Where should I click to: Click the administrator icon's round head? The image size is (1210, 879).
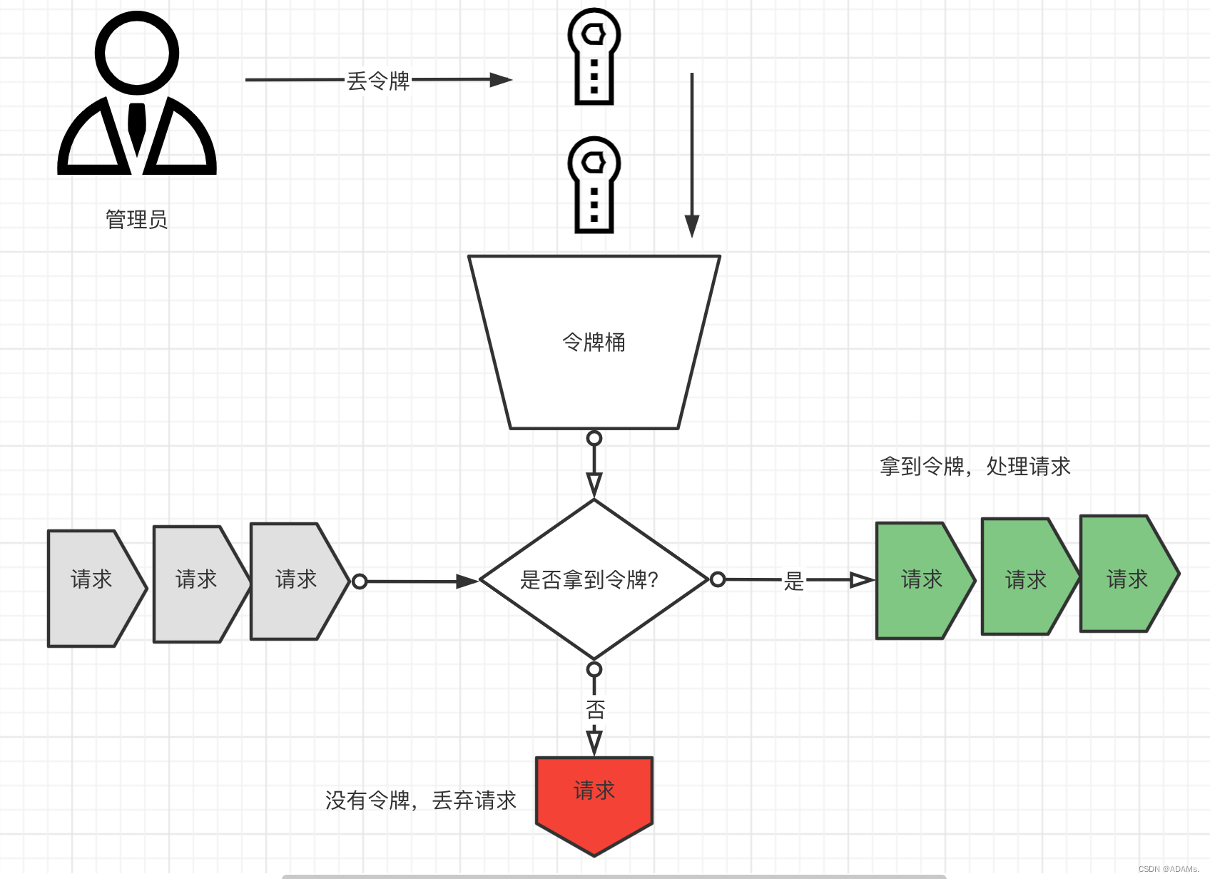point(137,54)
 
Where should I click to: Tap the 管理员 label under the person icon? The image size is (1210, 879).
point(136,219)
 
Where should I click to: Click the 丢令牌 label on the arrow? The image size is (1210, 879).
point(378,81)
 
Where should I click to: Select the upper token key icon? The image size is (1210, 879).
point(594,56)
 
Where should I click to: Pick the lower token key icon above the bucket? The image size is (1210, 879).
point(594,185)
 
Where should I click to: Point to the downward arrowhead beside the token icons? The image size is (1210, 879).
point(691,225)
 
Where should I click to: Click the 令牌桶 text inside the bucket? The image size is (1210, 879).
point(594,342)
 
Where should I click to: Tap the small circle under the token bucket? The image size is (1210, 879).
point(594,438)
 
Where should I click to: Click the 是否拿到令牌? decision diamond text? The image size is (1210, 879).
point(589,580)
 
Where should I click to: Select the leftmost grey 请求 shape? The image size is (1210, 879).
point(92,588)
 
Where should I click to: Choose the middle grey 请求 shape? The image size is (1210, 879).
point(196,584)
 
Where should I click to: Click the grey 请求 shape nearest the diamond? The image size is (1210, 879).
point(295,581)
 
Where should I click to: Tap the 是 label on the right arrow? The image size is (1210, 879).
point(793,581)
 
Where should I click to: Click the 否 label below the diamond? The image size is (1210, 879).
point(595,710)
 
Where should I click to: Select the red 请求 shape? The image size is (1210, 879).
point(594,799)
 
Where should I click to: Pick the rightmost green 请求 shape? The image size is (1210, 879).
point(1127,574)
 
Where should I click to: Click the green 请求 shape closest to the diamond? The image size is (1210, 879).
point(922,580)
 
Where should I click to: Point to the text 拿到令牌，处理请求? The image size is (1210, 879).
point(975,467)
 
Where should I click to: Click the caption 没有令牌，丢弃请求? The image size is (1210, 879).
point(420,801)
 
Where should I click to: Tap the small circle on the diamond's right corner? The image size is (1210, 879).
point(718,579)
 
